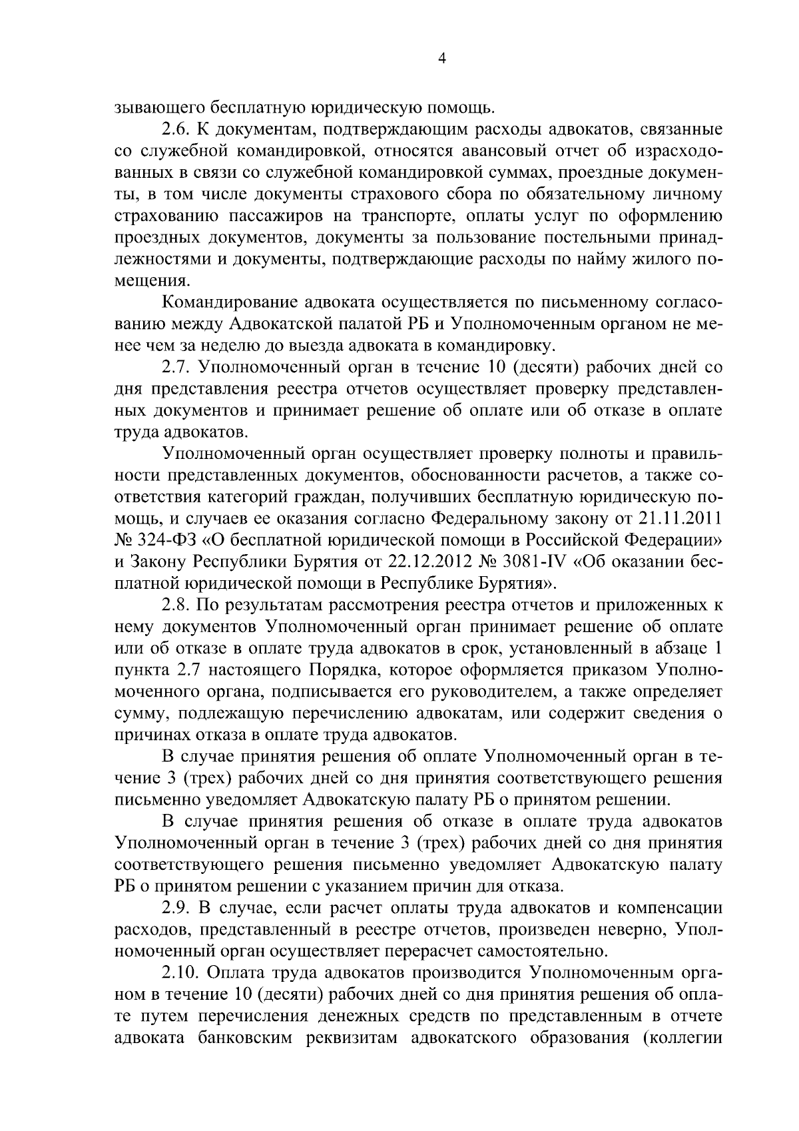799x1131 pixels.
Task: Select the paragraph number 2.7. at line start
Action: click(x=178, y=368)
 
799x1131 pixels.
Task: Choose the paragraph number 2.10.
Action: click(x=182, y=972)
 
